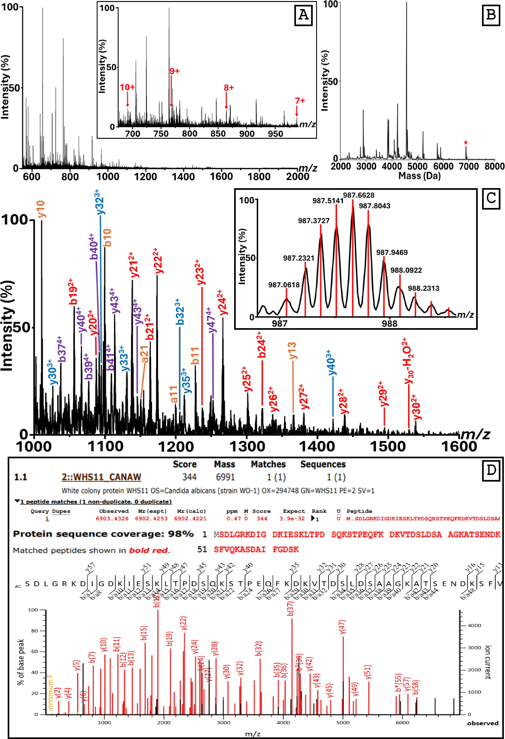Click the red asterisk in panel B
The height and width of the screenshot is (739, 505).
pos(466,143)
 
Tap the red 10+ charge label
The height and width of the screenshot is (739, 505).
pos(127,87)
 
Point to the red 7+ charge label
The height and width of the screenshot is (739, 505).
pos(300,101)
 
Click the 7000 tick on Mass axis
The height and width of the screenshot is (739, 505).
pos(469,166)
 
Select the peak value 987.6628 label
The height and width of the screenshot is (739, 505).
pos(358,195)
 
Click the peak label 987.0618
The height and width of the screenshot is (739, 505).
pos(284,285)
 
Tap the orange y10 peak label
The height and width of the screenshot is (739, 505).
pos(41,209)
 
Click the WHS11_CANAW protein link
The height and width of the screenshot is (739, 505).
pos(101,477)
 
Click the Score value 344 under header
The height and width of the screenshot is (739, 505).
pos(189,477)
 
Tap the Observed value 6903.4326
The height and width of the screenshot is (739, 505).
pos(112,519)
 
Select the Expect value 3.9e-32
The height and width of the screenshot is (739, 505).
pos(292,519)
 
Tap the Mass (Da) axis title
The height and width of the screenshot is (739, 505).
pos(419,176)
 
